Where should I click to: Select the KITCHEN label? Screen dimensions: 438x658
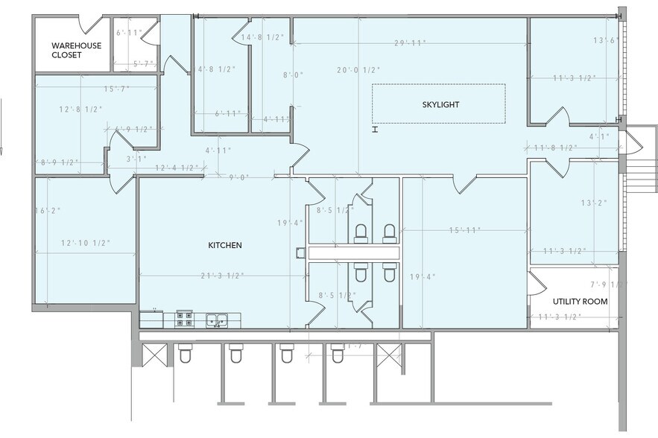224,245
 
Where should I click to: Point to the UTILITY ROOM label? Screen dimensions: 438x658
580,302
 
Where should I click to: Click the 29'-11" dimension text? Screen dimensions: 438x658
410,43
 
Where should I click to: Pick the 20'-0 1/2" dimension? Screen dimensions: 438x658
358,70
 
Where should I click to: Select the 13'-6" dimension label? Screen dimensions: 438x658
607,40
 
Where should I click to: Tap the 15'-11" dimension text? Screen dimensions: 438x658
464,230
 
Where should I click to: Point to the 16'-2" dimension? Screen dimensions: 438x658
48,211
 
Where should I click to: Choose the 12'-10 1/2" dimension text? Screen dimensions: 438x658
85,243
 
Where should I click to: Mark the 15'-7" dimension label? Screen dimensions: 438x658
117,89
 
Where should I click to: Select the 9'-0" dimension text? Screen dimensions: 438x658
238,177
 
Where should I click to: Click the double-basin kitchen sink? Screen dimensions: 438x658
217,320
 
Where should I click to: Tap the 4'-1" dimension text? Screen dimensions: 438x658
598,137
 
